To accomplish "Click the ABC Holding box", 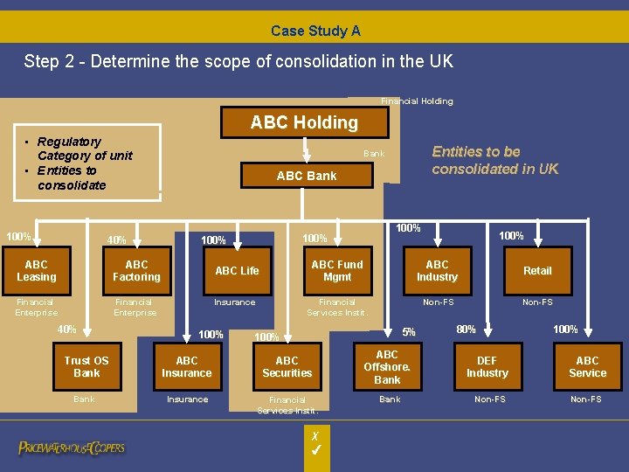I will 304,122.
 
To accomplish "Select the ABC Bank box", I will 306,176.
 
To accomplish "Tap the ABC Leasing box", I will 37,271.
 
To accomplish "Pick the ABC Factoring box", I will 136,271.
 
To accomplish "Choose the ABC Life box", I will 237,271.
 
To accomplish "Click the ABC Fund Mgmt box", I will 337,271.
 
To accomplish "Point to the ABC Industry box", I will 437,271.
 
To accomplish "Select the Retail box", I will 537,271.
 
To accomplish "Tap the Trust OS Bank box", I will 86,366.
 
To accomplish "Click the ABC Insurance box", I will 187,366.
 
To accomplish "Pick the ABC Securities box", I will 287,366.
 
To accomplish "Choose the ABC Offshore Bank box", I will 387,366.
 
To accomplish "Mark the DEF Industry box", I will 487,366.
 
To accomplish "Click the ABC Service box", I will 587,366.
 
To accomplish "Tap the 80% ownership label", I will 466,330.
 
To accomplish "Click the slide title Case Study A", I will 315,31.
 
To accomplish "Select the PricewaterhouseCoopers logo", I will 72,448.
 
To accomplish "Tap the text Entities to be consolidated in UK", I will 494,160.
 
